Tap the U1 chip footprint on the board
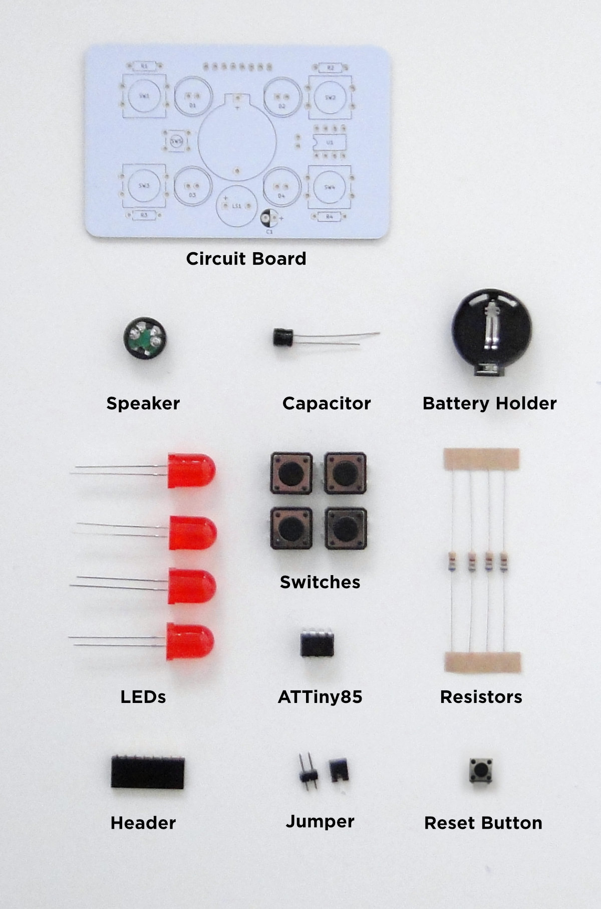pyautogui.click(x=329, y=142)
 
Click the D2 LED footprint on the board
pyautogui.click(x=281, y=97)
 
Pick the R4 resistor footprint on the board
pyautogui.click(x=329, y=216)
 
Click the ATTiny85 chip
pyautogui.click(x=318, y=644)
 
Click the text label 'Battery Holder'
pyautogui.click(x=489, y=403)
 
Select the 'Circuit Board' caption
pyautogui.click(x=246, y=259)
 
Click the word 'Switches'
pyautogui.click(x=320, y=582)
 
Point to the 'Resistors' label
pyautogui.click(x=481, y=696)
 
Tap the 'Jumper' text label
pyautogui.click(x=320, y=821)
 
